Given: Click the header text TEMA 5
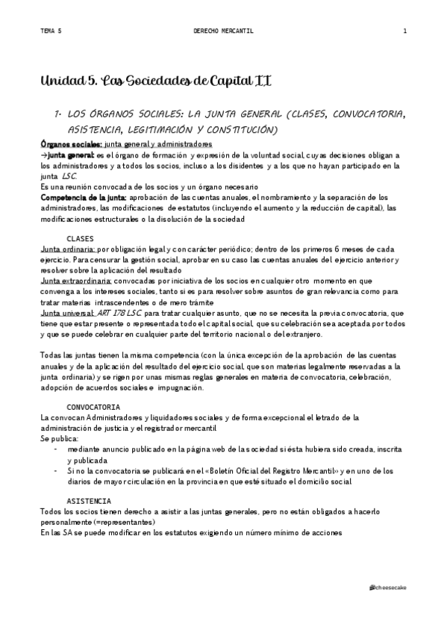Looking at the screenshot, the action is click(x=51, y=31).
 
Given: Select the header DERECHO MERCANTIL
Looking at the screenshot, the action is click(x=223, y=31).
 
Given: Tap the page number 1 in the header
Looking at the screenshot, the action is click(x=404, y=31).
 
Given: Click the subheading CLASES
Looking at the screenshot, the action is click(x=81, y=238).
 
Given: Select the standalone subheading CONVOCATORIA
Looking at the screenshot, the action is click(x=93, y=408).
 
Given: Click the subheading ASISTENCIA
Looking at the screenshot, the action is click(x=89, y=499).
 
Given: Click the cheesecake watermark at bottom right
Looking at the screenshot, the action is click(x=388, y=588).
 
